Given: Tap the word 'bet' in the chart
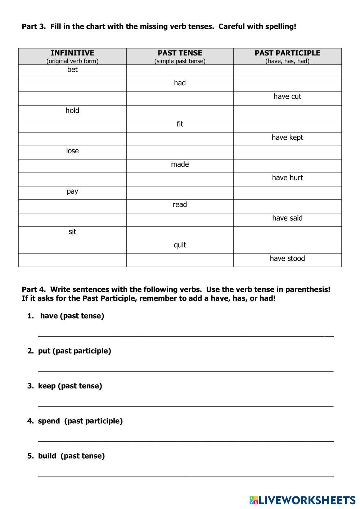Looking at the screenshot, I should coord(72,69).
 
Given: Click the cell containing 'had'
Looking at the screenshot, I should coord(180,83).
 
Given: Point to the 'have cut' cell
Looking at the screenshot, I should coord(287,96).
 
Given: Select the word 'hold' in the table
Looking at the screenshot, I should coord(72,111).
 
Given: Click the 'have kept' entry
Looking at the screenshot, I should coord(287,138).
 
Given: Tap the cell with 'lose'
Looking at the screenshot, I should coord(72,151).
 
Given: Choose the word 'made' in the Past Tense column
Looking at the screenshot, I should coord(180,165).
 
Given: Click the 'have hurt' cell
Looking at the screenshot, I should coord(287,178).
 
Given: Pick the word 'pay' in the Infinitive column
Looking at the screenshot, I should coord(72,191).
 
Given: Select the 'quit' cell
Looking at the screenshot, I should coord(180,245).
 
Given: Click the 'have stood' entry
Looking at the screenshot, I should coord(287,258).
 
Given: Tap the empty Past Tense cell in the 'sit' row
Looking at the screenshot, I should coord(180,233).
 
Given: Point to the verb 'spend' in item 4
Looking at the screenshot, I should coord(49,421).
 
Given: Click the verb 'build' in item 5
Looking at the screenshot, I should coord(47,456).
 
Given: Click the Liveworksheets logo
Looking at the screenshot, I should coord(302,500).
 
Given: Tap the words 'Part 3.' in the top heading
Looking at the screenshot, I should coord(33,26).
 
